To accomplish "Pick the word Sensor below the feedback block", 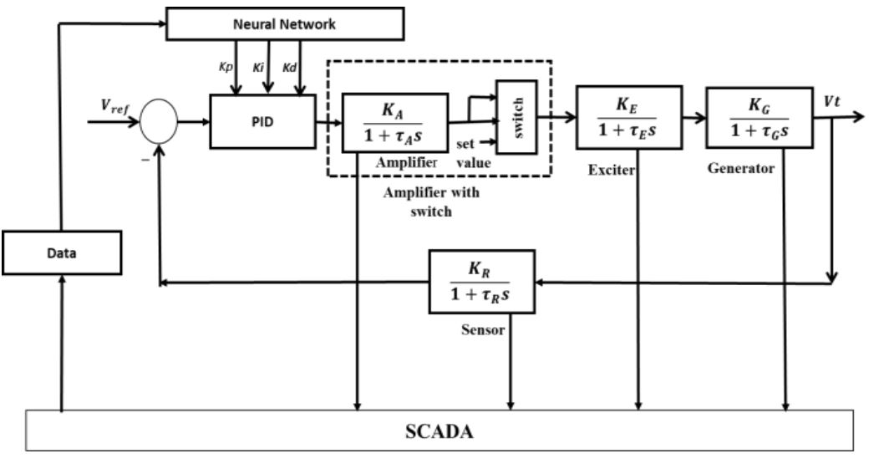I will pos(483,330).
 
